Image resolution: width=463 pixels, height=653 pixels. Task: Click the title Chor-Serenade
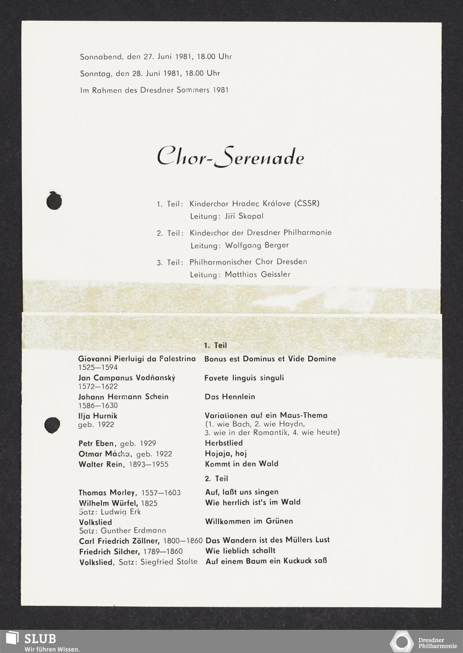(231, 158)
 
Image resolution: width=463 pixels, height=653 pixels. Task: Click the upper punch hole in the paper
(55, 200)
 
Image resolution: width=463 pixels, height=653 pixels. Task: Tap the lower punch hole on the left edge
(52, 424)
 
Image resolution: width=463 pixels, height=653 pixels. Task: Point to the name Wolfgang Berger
(257, 245)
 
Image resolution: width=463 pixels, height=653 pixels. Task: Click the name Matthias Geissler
(258, 274)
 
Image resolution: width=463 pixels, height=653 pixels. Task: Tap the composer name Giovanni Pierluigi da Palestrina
(137, 359)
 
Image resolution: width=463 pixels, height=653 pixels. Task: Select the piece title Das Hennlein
(230, 397)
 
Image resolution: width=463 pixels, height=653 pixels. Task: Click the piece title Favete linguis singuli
(244, 378)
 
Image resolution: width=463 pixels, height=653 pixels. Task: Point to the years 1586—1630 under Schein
(98, 406)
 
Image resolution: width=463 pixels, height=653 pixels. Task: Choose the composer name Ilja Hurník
(98, 416)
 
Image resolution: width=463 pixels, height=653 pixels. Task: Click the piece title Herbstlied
(224, 443)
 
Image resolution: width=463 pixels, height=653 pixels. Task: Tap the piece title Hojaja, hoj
(225, 454)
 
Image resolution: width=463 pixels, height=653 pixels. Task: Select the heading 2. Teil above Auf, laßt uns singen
(216, 479)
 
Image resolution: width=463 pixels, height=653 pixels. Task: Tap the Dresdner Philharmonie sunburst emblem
(401, 641)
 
